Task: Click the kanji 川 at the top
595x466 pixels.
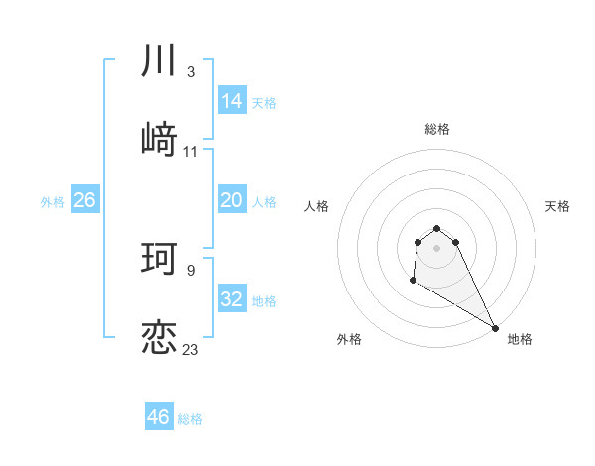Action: [159, 60]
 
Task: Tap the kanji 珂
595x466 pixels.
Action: [159, 259]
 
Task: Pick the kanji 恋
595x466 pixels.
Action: [159, 337]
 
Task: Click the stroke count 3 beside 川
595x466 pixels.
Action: [190, 72]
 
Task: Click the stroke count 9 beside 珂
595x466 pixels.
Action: [190, 270]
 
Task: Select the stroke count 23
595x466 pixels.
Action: [190, 349]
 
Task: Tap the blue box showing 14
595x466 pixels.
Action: [232, 101]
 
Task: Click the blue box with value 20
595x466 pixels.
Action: [232, 200]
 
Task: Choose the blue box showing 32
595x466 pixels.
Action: [232, 299]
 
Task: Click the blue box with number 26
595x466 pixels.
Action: [85, 200]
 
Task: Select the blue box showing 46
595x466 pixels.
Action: [159, 417]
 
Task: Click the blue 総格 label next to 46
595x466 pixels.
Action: [190, 419]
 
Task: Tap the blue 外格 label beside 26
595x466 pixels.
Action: [53, 202]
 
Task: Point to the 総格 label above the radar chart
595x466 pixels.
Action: [437, 129]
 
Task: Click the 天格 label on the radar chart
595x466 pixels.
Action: [558, 206]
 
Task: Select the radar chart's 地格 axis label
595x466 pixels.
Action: [520, 340]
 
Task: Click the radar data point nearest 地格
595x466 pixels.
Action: [495, 328]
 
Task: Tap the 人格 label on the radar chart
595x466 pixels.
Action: [317, 206]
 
